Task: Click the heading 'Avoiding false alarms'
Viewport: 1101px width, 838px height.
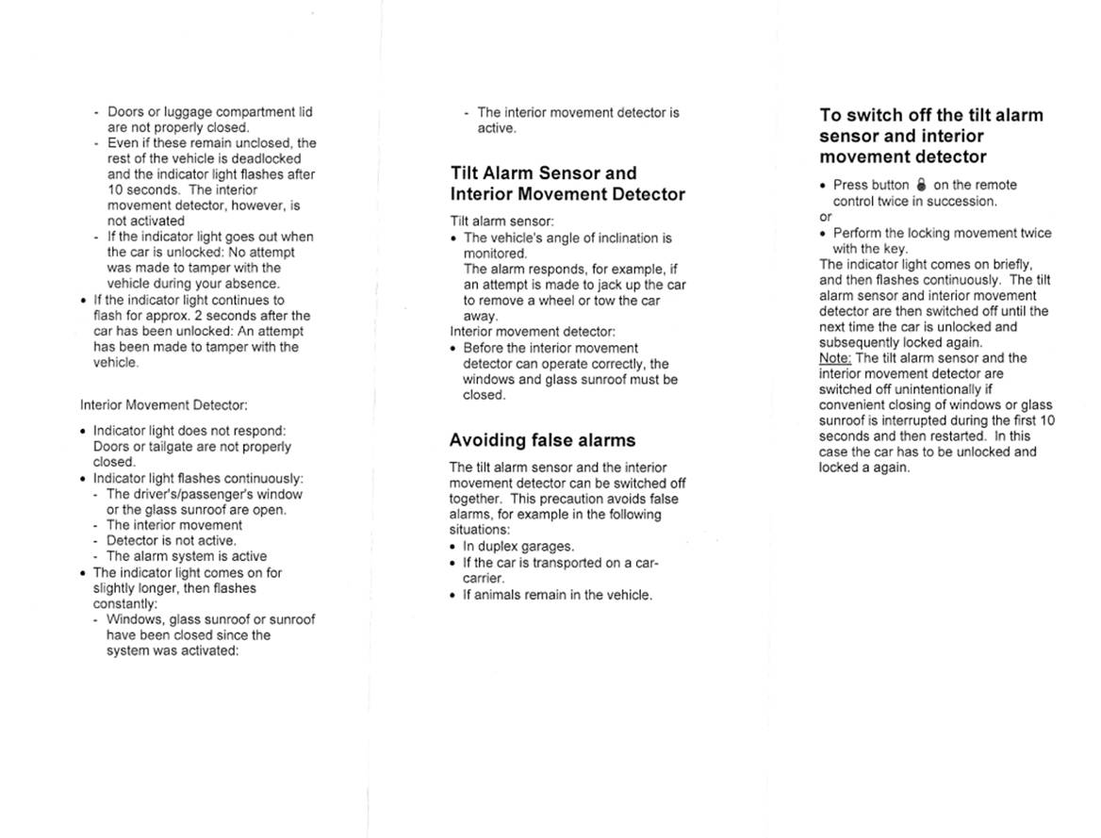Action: pyautogui.click(x=542, y=440)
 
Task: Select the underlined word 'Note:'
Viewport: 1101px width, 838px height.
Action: pyautogui.click(x=835, y=358)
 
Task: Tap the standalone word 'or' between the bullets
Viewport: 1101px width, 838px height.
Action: pyautogui.click(x=826, y=217)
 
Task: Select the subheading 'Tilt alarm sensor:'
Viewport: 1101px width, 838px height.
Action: pyautogui.click(x=501, y=222)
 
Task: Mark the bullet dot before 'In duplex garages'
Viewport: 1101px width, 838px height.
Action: pyautogui.click(x=453, y=547)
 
